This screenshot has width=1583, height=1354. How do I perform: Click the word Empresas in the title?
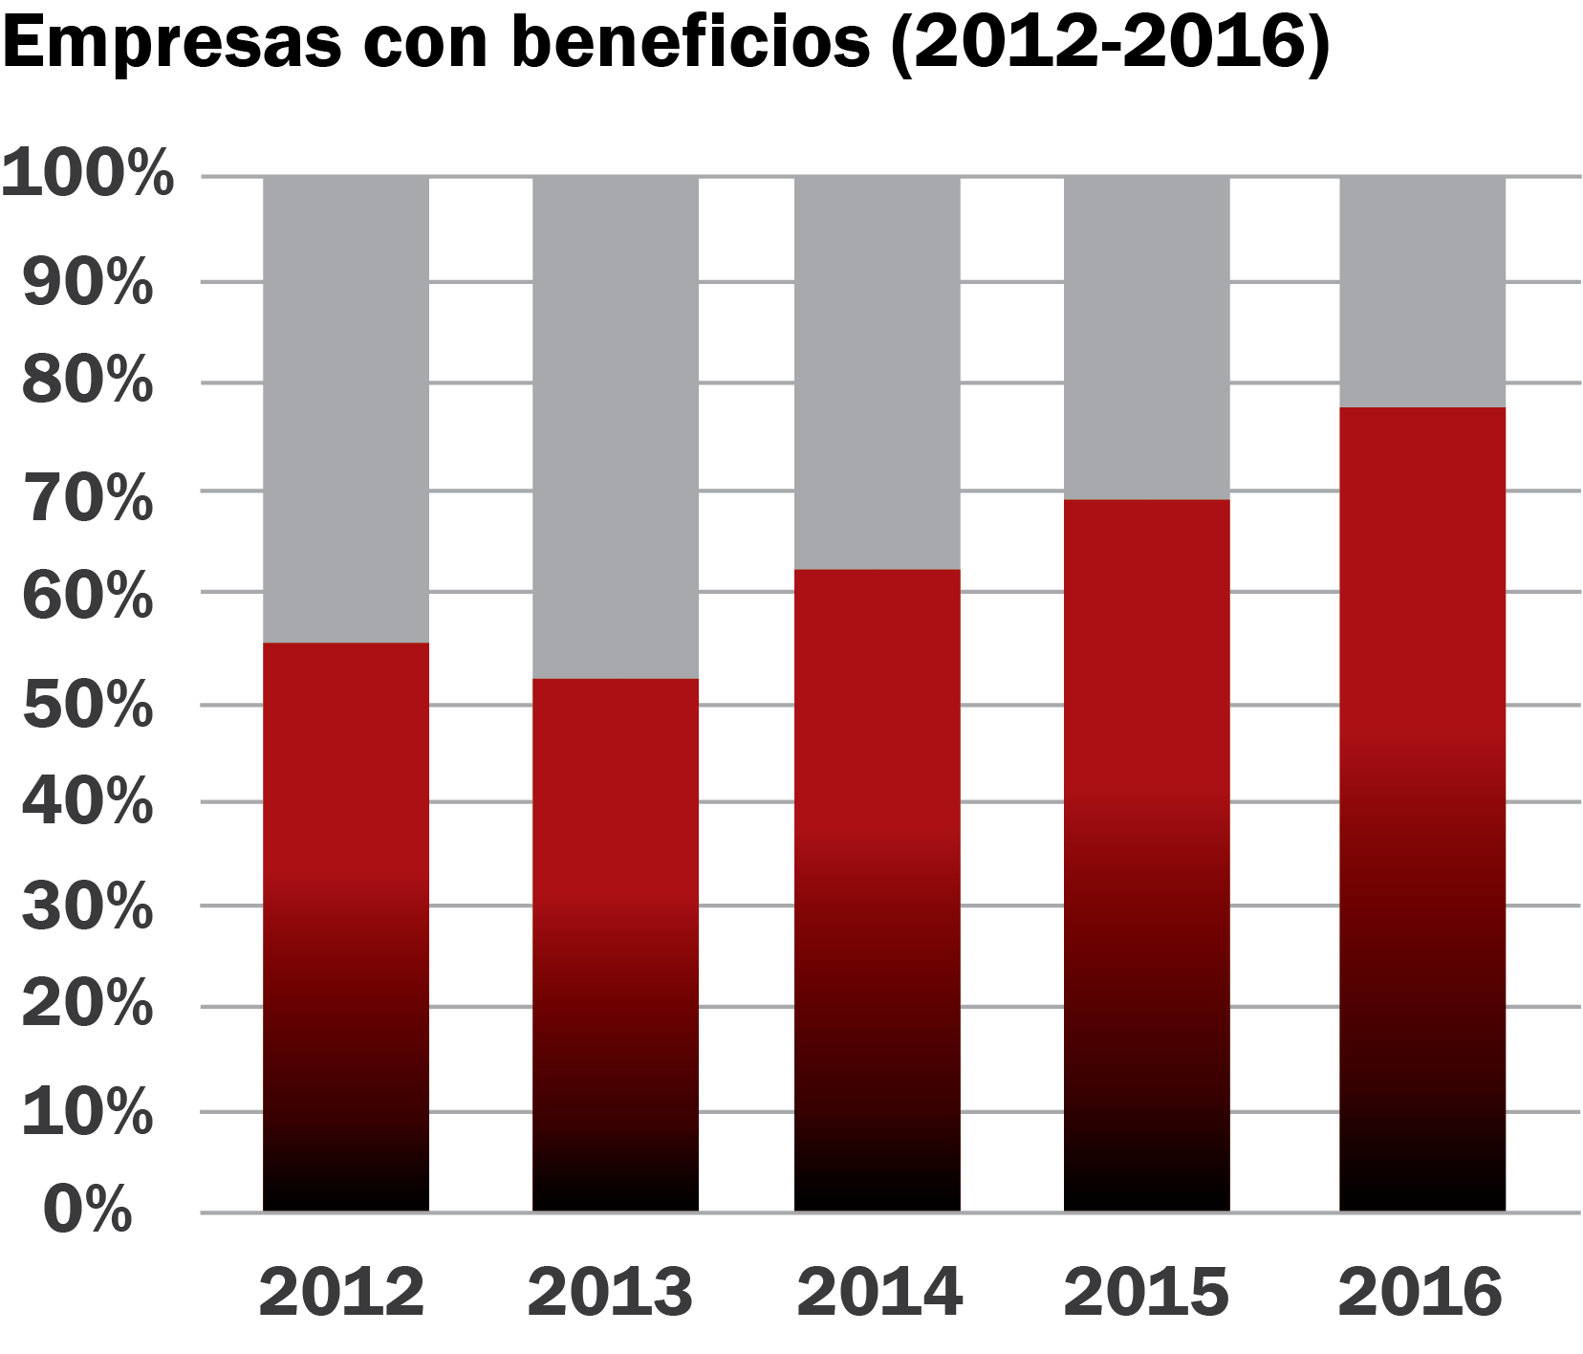pos(172,42)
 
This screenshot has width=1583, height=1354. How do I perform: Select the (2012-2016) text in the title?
pos(1110,42)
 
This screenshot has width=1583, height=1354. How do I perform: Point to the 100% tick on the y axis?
pos(88,174)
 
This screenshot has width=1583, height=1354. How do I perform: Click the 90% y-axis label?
pos(88,282)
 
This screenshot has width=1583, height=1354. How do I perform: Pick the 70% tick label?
pos(88,497)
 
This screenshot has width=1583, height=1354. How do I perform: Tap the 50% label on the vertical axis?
pos(88,706)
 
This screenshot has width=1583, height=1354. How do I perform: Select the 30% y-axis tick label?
pos(88,906)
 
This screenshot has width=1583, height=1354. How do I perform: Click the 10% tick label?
pos(88,1112)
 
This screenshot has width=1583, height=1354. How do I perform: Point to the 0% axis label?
pos(88,1209)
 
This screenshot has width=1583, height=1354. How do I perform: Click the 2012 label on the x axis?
pos(341,1292)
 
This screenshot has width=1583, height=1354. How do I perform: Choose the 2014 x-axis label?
pos(878,1292)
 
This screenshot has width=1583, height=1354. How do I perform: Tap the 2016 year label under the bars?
pos(1420,1292)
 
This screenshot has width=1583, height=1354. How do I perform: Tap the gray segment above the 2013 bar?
pos(616,426)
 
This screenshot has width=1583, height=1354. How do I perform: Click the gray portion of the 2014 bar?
pos(878,372)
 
